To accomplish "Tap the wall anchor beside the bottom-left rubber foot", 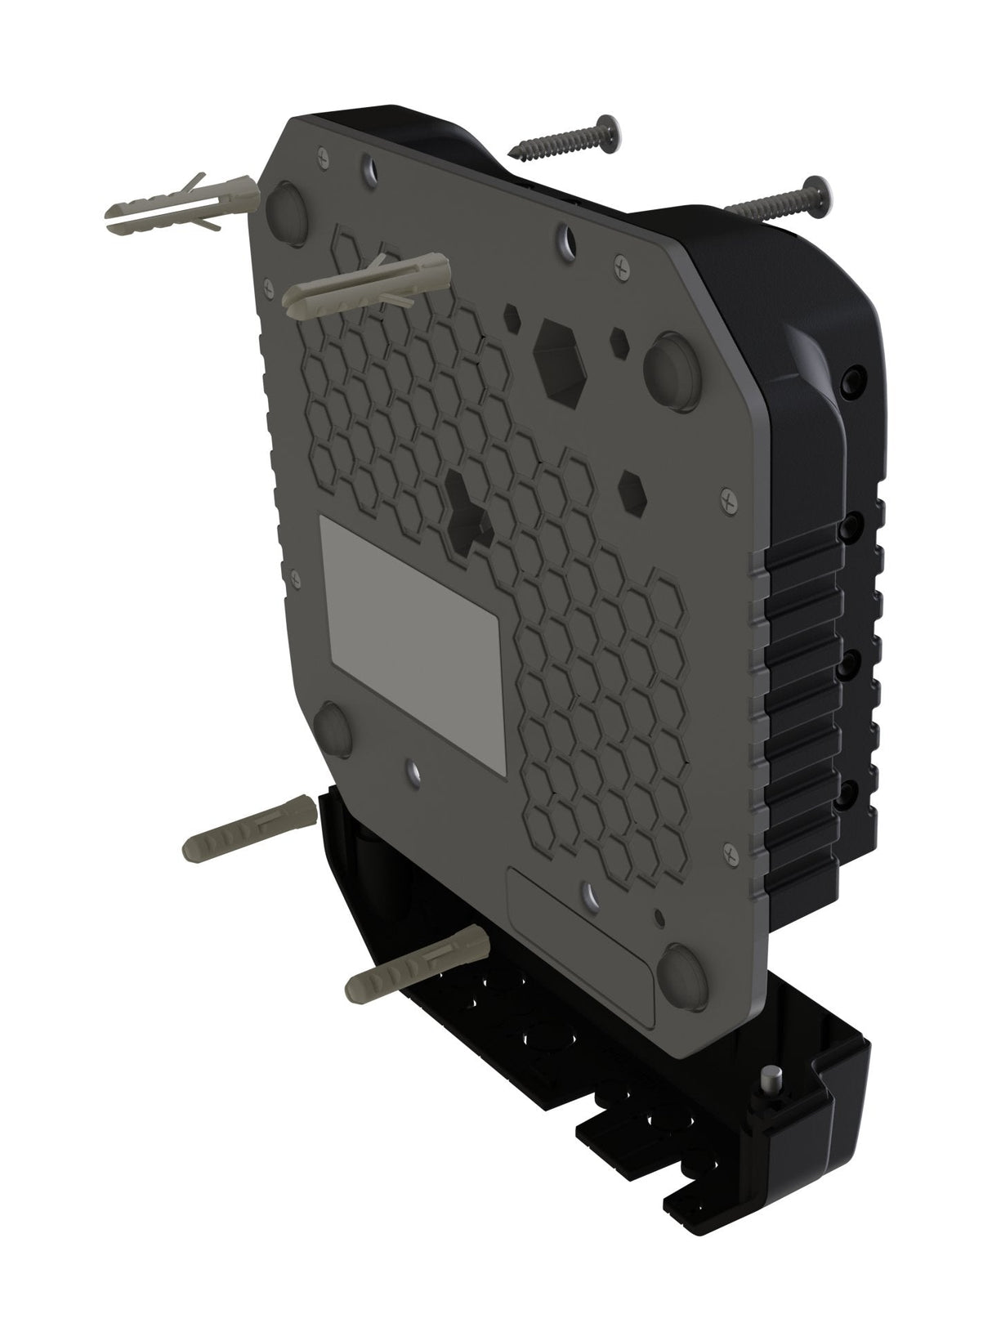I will tap(249, 826).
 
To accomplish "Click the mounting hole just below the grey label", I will tap(412, 770).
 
